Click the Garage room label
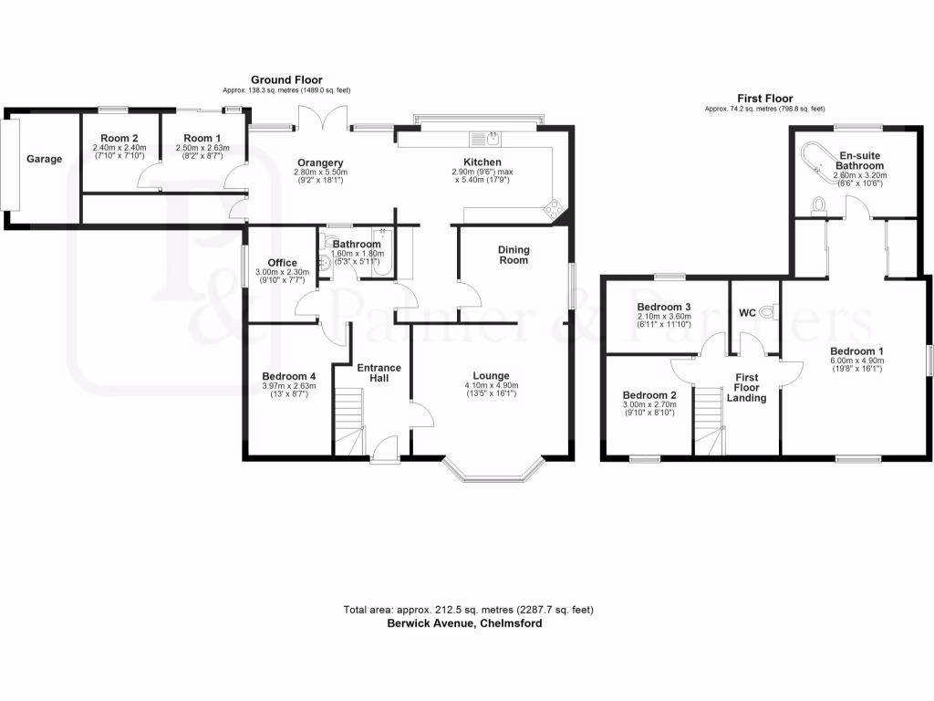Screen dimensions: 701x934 (44, 159)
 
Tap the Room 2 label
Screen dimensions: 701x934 (119, 139)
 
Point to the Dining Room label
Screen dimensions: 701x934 (513, 255)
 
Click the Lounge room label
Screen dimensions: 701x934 (491, 375)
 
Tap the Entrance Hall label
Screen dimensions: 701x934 (379, 372)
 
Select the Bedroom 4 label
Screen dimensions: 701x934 (288, 376)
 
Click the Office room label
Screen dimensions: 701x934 (282, 263)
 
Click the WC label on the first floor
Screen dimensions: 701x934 (747, 312)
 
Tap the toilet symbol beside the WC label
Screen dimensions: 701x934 (766, 312)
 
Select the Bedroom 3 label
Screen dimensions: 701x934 (664, 307)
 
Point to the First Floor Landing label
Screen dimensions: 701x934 (746, 387)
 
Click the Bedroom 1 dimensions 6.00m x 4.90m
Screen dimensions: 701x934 (856, 361)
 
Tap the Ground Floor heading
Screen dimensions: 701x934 (286, 80)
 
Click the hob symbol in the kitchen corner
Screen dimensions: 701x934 (553, 210)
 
